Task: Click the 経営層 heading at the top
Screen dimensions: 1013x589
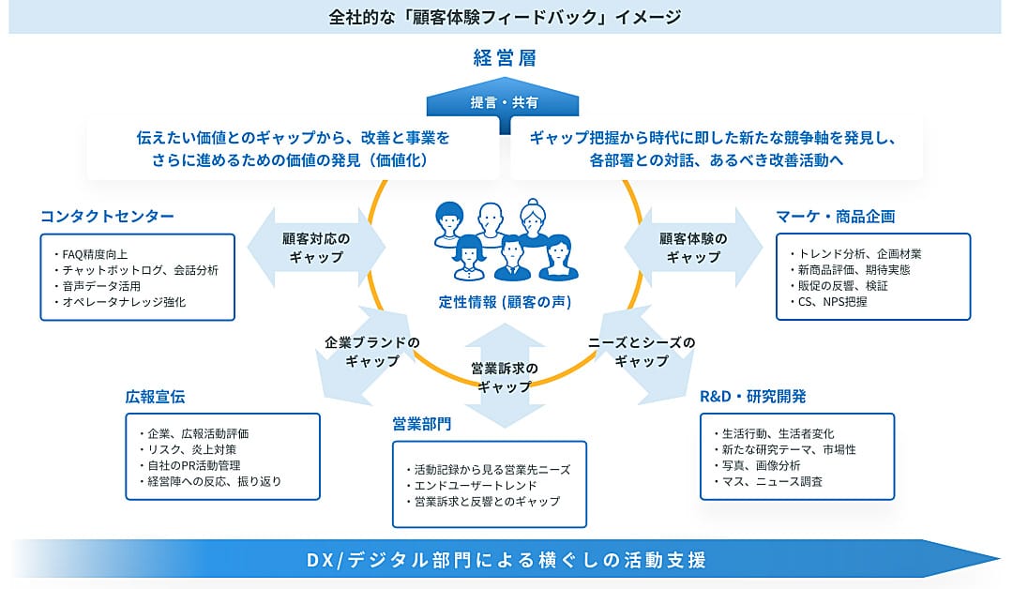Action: click(505, 58)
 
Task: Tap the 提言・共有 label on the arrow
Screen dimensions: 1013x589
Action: click(504, 102)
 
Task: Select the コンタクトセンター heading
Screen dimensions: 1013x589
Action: click(107, 217)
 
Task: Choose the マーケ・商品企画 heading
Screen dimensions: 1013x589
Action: click(836, 217)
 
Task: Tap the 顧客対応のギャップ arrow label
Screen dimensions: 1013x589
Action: click(316, 248)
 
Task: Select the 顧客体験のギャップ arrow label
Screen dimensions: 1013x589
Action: click(693, 248)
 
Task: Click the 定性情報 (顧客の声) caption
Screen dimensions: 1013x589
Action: click(506, 302)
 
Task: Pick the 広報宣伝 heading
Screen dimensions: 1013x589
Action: click(155, 397)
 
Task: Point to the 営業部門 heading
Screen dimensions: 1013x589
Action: click(422, 424)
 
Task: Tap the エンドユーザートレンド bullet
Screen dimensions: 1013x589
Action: click(471, 486)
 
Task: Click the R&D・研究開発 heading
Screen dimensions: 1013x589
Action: click(753, 397)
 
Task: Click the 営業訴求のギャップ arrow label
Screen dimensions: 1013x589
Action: click(505, 378)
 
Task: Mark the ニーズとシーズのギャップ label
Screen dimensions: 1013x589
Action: click(642, 352)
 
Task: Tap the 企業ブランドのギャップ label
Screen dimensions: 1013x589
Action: click(372, 352)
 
